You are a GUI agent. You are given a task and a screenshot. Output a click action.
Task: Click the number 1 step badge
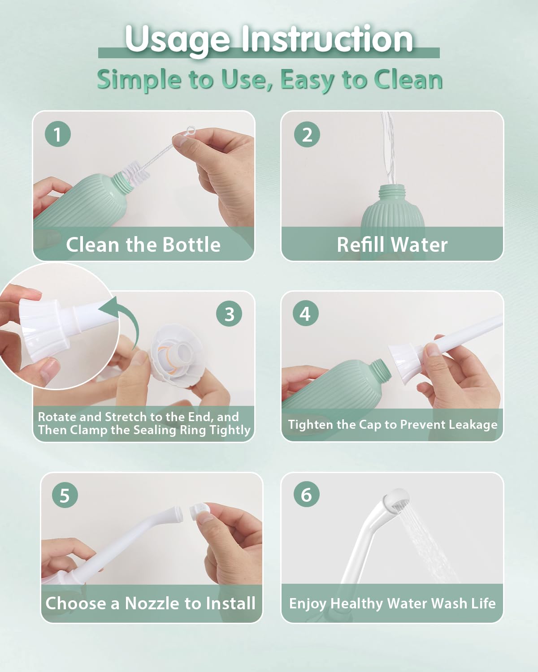(58, 134)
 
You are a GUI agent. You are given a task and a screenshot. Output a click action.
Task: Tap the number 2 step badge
(307, 134)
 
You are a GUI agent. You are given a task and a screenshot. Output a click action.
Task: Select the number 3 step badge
(229, 314)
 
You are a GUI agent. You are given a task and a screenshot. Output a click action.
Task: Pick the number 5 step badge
(65, 495)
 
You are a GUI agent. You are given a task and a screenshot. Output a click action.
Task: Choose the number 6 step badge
(307, 494)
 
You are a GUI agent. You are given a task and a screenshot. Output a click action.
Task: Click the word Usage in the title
(177, 39)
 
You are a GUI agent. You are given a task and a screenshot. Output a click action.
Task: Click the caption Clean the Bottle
(143, 245)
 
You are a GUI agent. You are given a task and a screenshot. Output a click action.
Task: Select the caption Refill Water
(392, 245)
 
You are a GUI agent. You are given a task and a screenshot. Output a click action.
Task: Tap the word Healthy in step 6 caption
(356, 603)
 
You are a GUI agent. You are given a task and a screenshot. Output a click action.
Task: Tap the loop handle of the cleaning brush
(189, 133)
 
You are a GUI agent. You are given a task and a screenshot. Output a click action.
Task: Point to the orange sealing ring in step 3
(172, 358)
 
